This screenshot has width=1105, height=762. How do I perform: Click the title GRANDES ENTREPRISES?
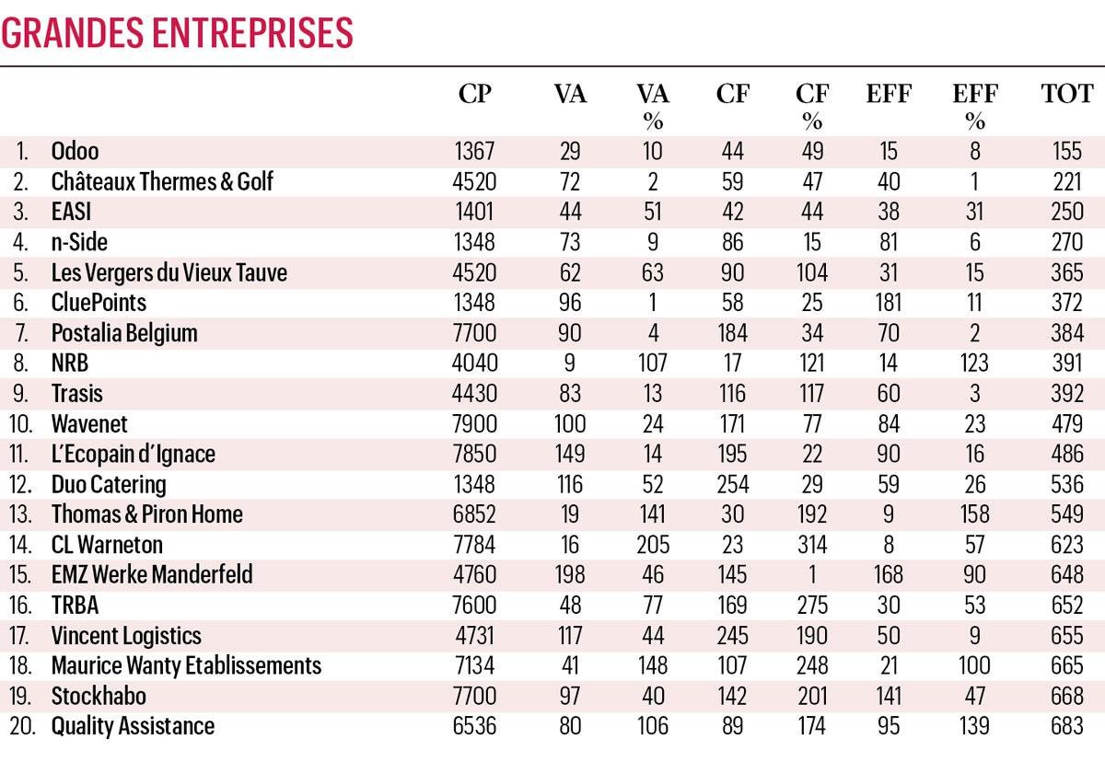(x=177, y=31)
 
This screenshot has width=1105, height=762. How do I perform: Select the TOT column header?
(x=1067, y=94)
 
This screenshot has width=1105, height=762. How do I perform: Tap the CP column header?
(x=475, y=94)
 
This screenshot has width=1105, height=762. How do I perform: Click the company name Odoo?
(x=75, y=151)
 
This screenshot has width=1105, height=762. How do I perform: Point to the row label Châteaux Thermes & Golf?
(x=162, y=181)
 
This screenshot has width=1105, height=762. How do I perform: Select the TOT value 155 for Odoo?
(x=1067, y=151)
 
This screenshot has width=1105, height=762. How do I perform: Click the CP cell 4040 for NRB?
(x=475, y=363)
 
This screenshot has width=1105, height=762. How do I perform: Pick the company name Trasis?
(x=77, y=393)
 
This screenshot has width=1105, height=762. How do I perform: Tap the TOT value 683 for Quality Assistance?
(x=1067, y=726)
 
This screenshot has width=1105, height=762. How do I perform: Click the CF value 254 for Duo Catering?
(x=733, y=484)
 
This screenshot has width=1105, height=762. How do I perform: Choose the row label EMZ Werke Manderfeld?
(x=152, y=574)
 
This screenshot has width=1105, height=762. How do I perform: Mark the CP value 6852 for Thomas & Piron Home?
(x=475, y=514)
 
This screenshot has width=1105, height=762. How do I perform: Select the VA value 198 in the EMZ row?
(x=570, y=574)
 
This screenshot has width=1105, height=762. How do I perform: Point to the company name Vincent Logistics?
(x=126, y=635)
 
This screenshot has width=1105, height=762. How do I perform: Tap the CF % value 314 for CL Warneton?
(x=811, y=544)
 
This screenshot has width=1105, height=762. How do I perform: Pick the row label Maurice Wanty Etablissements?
(x=186, y=665)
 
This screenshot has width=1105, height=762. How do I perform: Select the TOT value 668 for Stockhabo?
(x=1067, y=696)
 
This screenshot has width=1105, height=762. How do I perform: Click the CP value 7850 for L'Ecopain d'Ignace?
(x=475, y=454)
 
